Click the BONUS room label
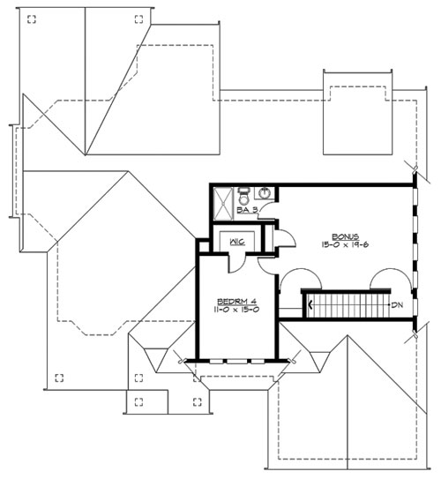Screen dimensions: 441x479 pos(345,236)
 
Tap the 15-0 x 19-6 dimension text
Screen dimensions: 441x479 pos(345,244)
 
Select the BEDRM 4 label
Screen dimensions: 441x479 pos(236,301)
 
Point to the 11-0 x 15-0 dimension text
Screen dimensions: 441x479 pos(236,309)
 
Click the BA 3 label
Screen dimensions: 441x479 pos(247,210)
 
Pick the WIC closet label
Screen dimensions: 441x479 pos(237,242)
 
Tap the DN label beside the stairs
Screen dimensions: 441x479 pos(397,304)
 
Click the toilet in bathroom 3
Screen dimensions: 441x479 pos(243,197)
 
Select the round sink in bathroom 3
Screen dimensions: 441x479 pos(265,193)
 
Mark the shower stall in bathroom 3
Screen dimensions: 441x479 pos(223,204)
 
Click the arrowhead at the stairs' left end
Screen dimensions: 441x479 pos(310,304)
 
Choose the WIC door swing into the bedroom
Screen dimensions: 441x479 pos(237,263)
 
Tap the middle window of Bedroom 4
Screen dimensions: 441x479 pos(237,362)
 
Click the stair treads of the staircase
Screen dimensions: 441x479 pos(348,305)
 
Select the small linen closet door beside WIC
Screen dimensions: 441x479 pos(286,238)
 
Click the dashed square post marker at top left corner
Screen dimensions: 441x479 pos(32,19)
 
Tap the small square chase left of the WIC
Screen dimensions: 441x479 pos(204,247)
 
